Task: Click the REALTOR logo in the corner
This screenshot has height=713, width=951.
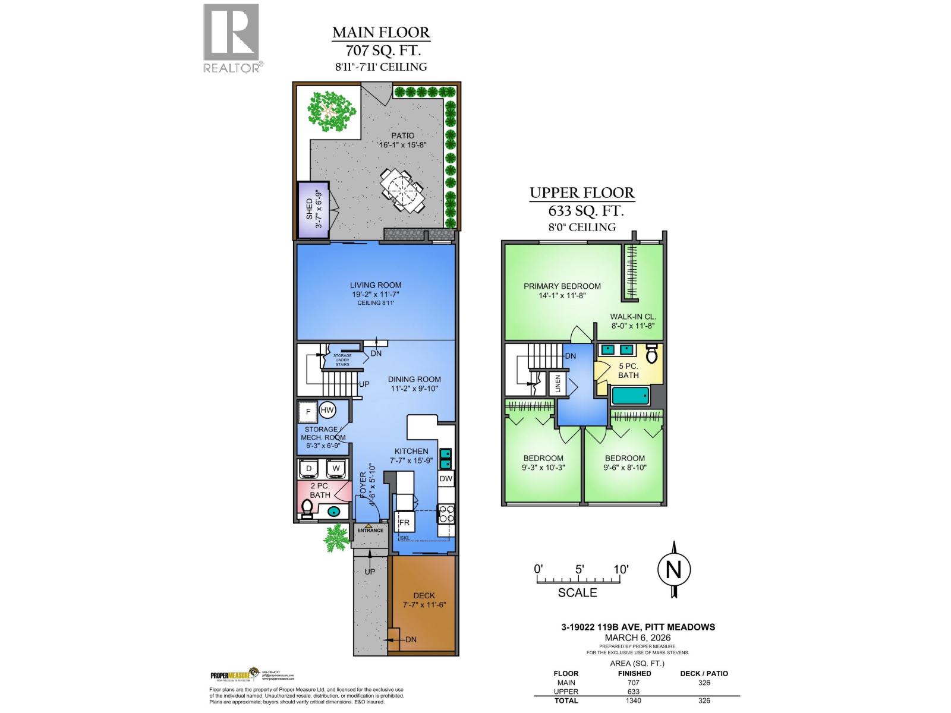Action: coord(232,38)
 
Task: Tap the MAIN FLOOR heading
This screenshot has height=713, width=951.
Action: coord(380,32)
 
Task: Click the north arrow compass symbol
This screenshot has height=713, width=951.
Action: coord(673,570)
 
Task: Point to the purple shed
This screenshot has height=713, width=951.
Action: coord(311,209)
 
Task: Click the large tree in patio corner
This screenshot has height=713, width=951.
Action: coord(332,111)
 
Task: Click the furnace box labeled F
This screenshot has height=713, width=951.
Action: coord(308,411)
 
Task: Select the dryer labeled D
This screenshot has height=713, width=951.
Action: coord(309,468)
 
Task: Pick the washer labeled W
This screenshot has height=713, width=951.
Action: coord(336,468)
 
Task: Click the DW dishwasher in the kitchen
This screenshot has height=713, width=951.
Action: coord(446,479)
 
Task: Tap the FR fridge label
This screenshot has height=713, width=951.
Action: coord(405,523)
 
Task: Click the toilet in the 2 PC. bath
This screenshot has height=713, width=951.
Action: coord(307,508)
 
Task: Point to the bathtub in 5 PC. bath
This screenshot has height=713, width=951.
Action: coord(630,395)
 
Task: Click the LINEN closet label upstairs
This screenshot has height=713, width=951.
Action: coord(558,383)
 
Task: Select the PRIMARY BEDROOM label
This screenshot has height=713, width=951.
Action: coord(562,286)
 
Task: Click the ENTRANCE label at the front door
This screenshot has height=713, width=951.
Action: coord(370,530)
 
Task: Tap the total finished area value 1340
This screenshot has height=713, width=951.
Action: coord(634,701)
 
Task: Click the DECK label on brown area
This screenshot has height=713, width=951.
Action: coord(424,595)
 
